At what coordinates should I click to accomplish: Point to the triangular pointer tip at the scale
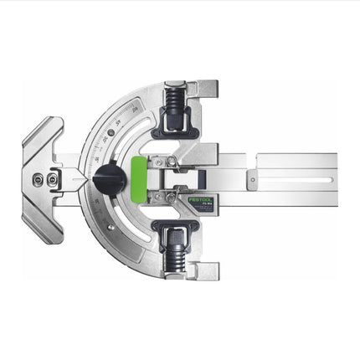[83, 177]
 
